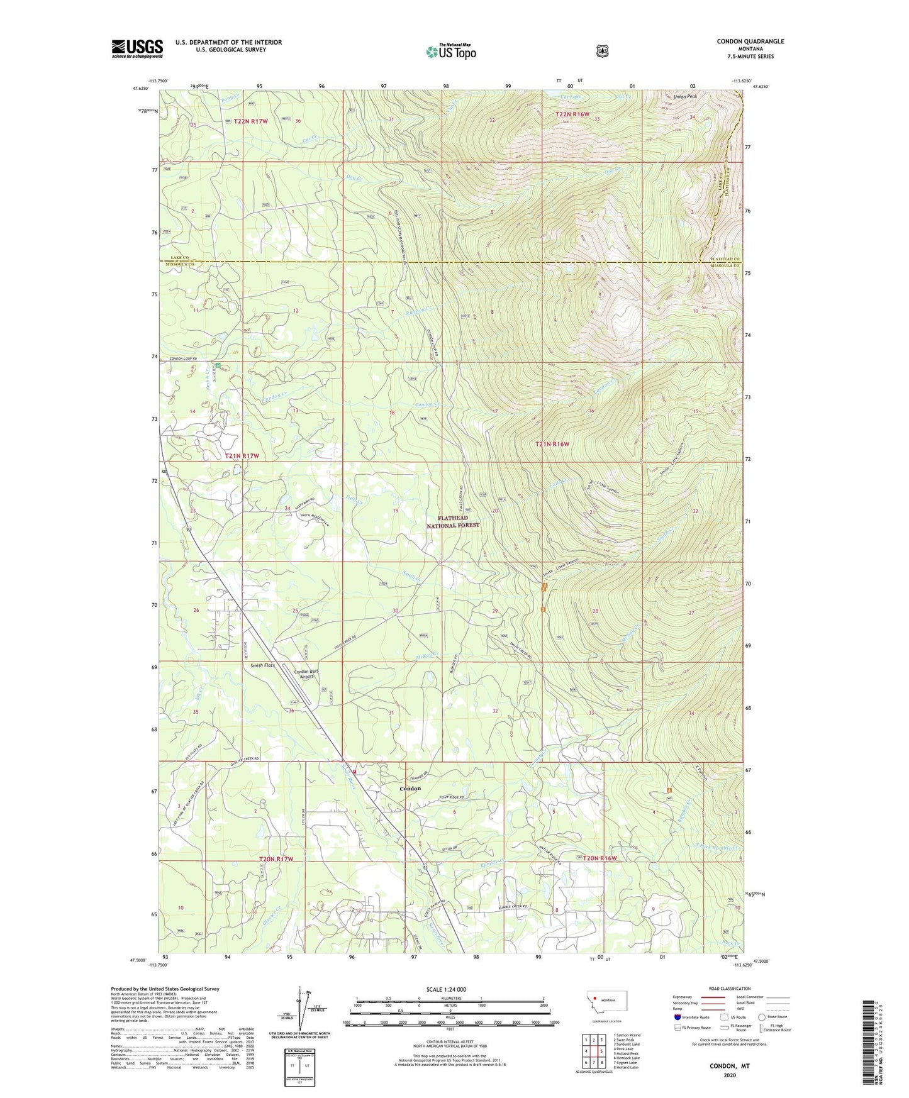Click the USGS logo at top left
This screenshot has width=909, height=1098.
click(137, 48)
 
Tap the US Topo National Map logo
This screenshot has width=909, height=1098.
click(450, 51)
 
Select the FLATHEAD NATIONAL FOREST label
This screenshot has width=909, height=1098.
click(453, 521)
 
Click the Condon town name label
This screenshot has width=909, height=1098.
click(410, 788)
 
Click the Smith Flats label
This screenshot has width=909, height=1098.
click(262, 665)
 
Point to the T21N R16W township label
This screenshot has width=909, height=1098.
click(552, 444)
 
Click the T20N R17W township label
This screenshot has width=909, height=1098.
click(276, 858)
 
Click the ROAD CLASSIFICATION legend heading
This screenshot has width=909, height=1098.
click(729, 989)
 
